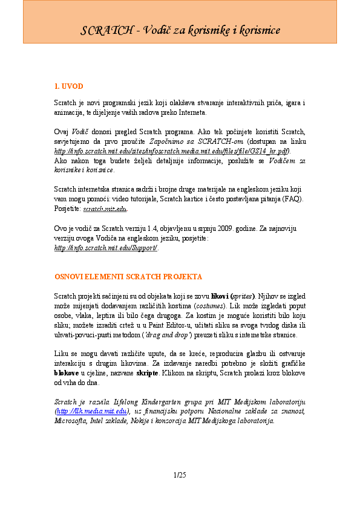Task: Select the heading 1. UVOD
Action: [x=65, y=86]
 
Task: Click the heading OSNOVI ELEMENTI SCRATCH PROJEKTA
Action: [x=128, y=276]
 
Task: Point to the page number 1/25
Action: [x=180, y=473]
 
